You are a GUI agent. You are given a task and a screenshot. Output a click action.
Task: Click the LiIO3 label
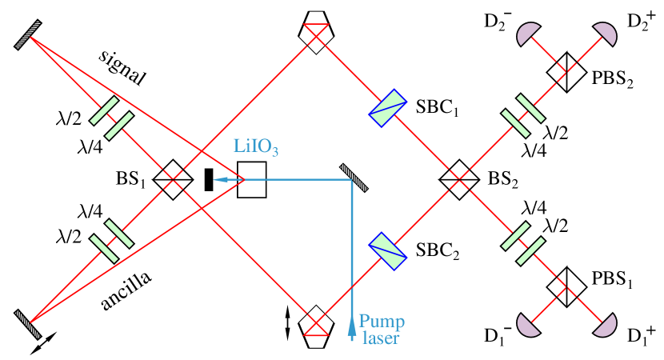(255, 146)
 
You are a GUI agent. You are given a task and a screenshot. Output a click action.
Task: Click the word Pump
(381, 322)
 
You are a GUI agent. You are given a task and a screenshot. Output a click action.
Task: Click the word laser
(380, 338)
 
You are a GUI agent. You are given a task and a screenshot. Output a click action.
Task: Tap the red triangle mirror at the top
(315, 30)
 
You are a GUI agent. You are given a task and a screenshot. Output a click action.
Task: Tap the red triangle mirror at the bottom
(315, 329)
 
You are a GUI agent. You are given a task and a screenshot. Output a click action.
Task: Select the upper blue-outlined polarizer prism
(387, 107)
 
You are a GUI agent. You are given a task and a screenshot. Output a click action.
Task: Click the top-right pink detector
(606, 34)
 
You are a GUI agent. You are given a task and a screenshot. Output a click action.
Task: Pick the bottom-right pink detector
(606, 325)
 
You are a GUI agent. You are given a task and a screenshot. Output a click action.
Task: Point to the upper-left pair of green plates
(111, 117)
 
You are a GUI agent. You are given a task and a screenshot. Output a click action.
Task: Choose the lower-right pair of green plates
(524, 242)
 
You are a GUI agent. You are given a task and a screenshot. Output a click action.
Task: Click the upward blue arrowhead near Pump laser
(352, 328)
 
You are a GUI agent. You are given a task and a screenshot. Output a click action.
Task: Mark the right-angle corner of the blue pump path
(352, 179)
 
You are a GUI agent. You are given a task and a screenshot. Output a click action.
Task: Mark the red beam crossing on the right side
(458, 180)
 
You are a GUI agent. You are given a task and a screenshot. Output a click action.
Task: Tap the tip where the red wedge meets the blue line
(244, 179)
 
